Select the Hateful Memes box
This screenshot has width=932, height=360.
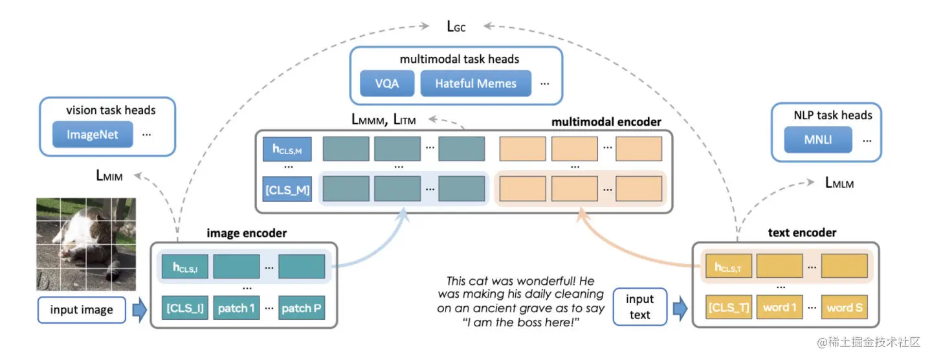tap(476, 83)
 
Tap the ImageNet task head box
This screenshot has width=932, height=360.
tap(93, 135)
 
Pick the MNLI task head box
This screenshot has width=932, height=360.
tap(817, 140)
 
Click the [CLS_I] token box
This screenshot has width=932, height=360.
tap(185, 308)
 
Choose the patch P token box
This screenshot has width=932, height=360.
tap(302, 308)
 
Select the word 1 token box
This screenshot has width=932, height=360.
tap(780, 308)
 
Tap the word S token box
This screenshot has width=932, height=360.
tap(845, 308)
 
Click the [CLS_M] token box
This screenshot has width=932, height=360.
tap(287, 189)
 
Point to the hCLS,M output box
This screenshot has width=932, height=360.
tap(287, 149)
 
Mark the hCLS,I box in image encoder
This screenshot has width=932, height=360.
tap(185, 267)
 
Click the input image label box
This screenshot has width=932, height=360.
tap(82, 309)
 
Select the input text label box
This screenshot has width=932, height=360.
tap(639, 307)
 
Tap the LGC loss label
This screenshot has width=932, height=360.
tap(456, 27)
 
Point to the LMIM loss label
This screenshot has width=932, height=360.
tap(109, 175)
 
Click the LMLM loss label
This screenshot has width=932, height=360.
tap(839, 183)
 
